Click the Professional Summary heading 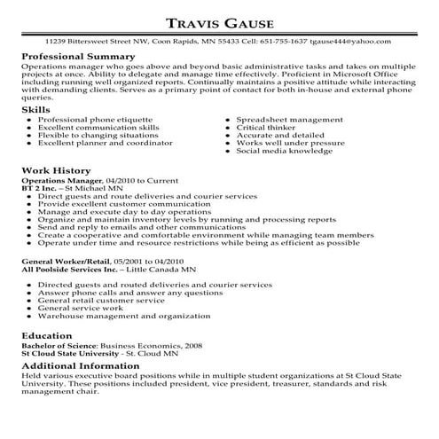[74, 56]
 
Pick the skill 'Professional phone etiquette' [95, 118]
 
